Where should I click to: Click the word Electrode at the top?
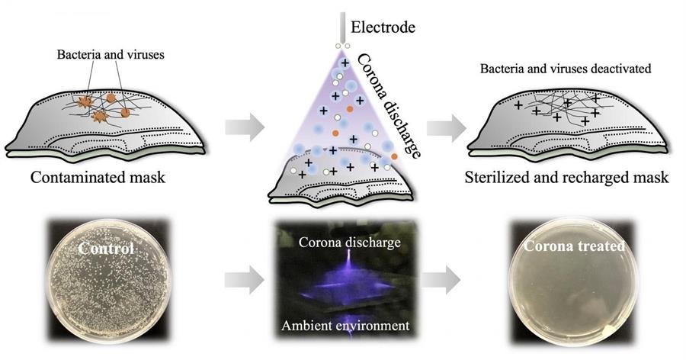pyautogui.click(x=383, y=27)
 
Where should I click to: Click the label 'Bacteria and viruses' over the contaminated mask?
pyautogui.click(x=111, y=55)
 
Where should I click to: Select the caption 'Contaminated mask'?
pyautogui.click(x=98, y=178)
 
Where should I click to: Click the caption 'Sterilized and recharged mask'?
pyautogui.click(x=566, y=178)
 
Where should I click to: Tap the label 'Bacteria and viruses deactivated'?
pyautogui.click(x=566, y=69)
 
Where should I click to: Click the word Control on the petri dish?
pyautogui.click(x=106, y=249)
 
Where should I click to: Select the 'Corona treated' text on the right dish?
pyautogui.click(x=575, y=246)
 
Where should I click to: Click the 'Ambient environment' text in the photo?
pyautogui.click(x=345, y=326)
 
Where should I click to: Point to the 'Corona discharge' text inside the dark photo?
pyautogui.click(x=350, y=243)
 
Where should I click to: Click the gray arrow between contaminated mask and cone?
pyautogui.click(x=245, y=127)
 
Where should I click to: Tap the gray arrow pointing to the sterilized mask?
pyautogui.click(x=446, y=127)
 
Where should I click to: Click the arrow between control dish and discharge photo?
pyautogui.click(x=245, y=280)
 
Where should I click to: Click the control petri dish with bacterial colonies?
pyautogui.click(x=108, y=281)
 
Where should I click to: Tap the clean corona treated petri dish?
pyautogui.click(x=574, y=281)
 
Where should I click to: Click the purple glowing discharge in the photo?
pyautogui.click(x=348, y=280)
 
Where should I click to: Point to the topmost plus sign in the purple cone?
pyautogui.click(x=345, y=63)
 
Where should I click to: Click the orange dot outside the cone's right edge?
pyautogui.click(x=395, y=156)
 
